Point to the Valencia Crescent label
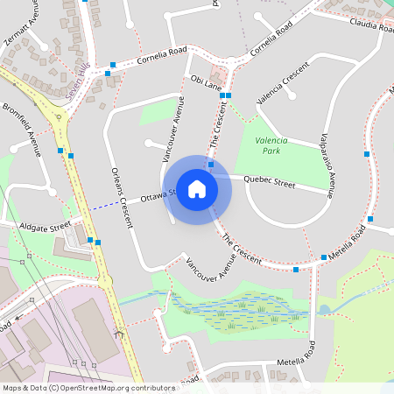[x=283, y=84]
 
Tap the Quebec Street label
[x=270, y=181]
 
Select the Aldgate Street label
[x=49, y=227]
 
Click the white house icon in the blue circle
[x=197, y=189]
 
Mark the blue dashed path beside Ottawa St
[x=109, y=206]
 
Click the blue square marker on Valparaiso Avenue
[x=367, y=154]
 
